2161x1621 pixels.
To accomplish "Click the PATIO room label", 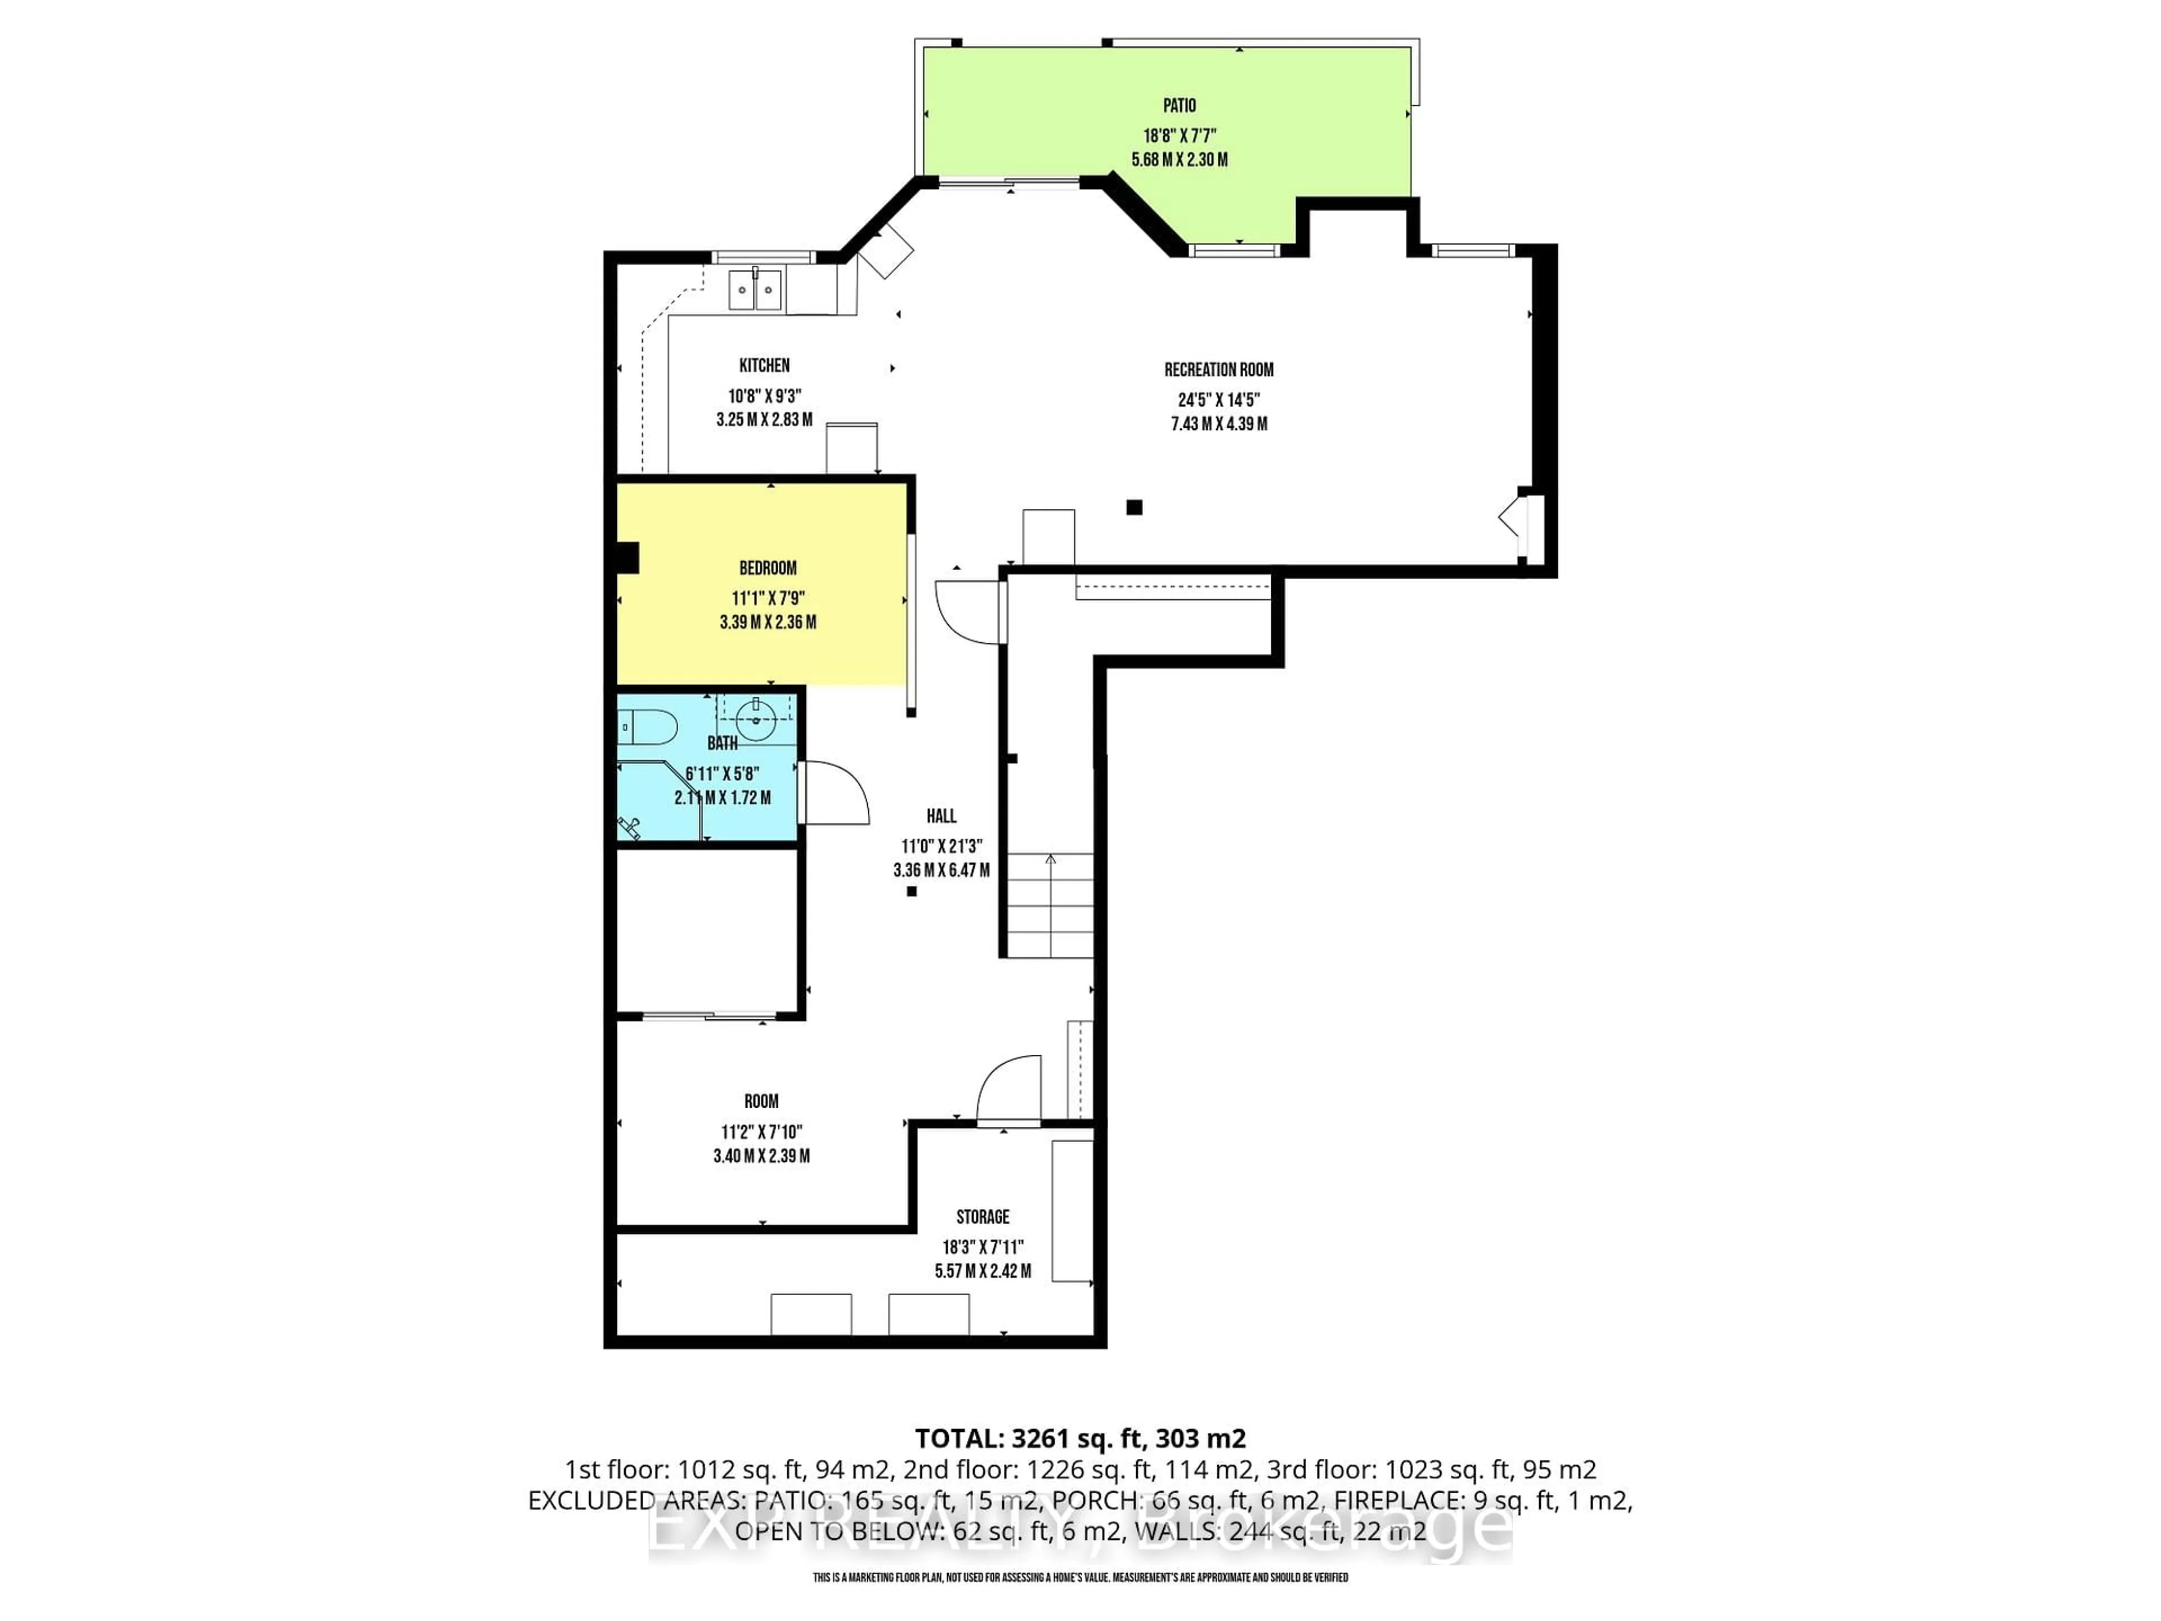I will [x=1179, y=105].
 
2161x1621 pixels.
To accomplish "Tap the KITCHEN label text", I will [x=764, y=365].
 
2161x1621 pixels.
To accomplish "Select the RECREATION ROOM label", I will [x=1218, y=369].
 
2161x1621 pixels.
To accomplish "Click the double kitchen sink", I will [x=755, y=290].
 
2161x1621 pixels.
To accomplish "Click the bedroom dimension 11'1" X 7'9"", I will [x=768, y=598].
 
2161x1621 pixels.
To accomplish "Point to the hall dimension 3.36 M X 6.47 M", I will [x=941, y=870].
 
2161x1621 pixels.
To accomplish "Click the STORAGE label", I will [x=982, y=1216].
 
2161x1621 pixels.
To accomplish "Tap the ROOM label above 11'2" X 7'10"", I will [x=761, y=1101].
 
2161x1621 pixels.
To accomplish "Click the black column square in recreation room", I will [x=1134, y=507].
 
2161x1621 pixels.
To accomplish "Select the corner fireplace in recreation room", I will [x=1517, y=518].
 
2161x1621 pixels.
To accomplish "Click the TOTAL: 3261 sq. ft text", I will [x=1079, y=1438].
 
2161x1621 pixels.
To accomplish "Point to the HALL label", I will [x=941, y=816].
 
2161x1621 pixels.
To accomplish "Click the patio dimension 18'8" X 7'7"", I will [x=1179, y=136].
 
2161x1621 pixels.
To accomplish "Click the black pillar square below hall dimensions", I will [x=912, y=891].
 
